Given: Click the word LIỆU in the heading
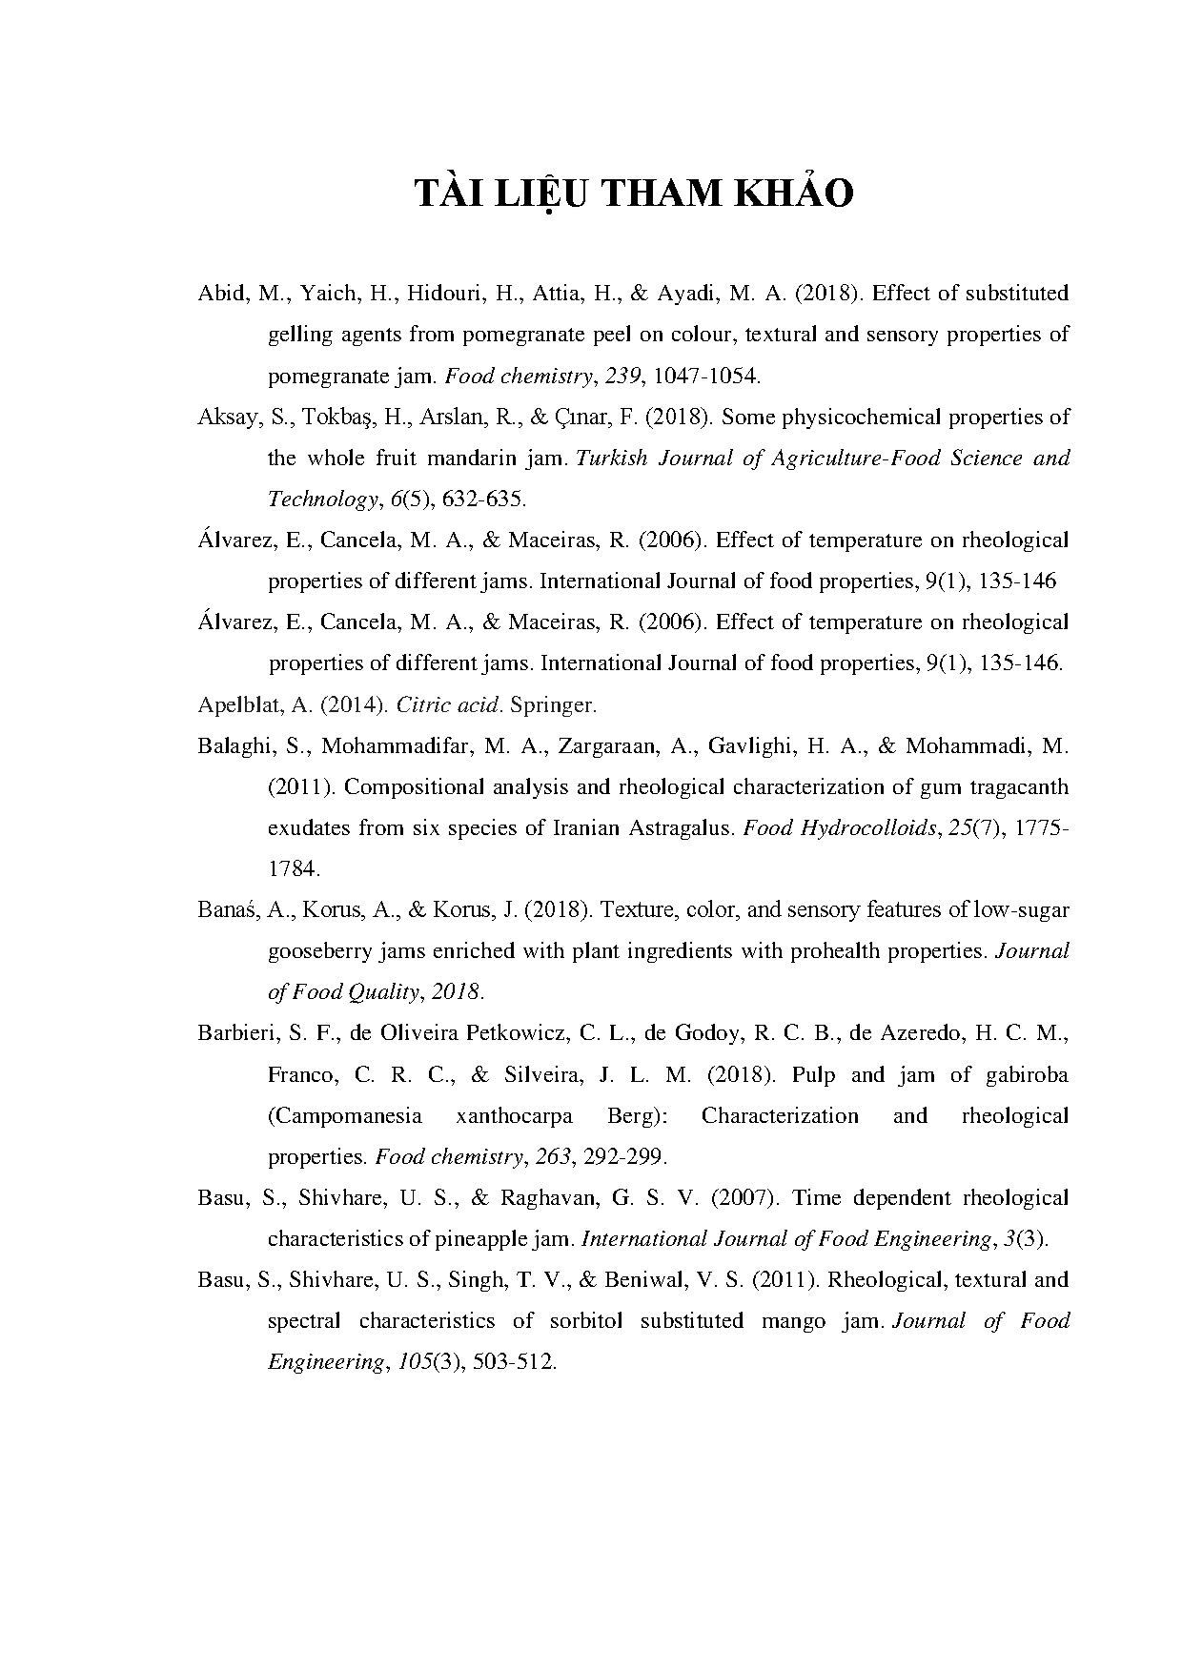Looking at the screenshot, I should [540, 194].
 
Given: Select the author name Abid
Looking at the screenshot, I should [221, 294].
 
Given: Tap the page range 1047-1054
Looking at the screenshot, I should [705, 376].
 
